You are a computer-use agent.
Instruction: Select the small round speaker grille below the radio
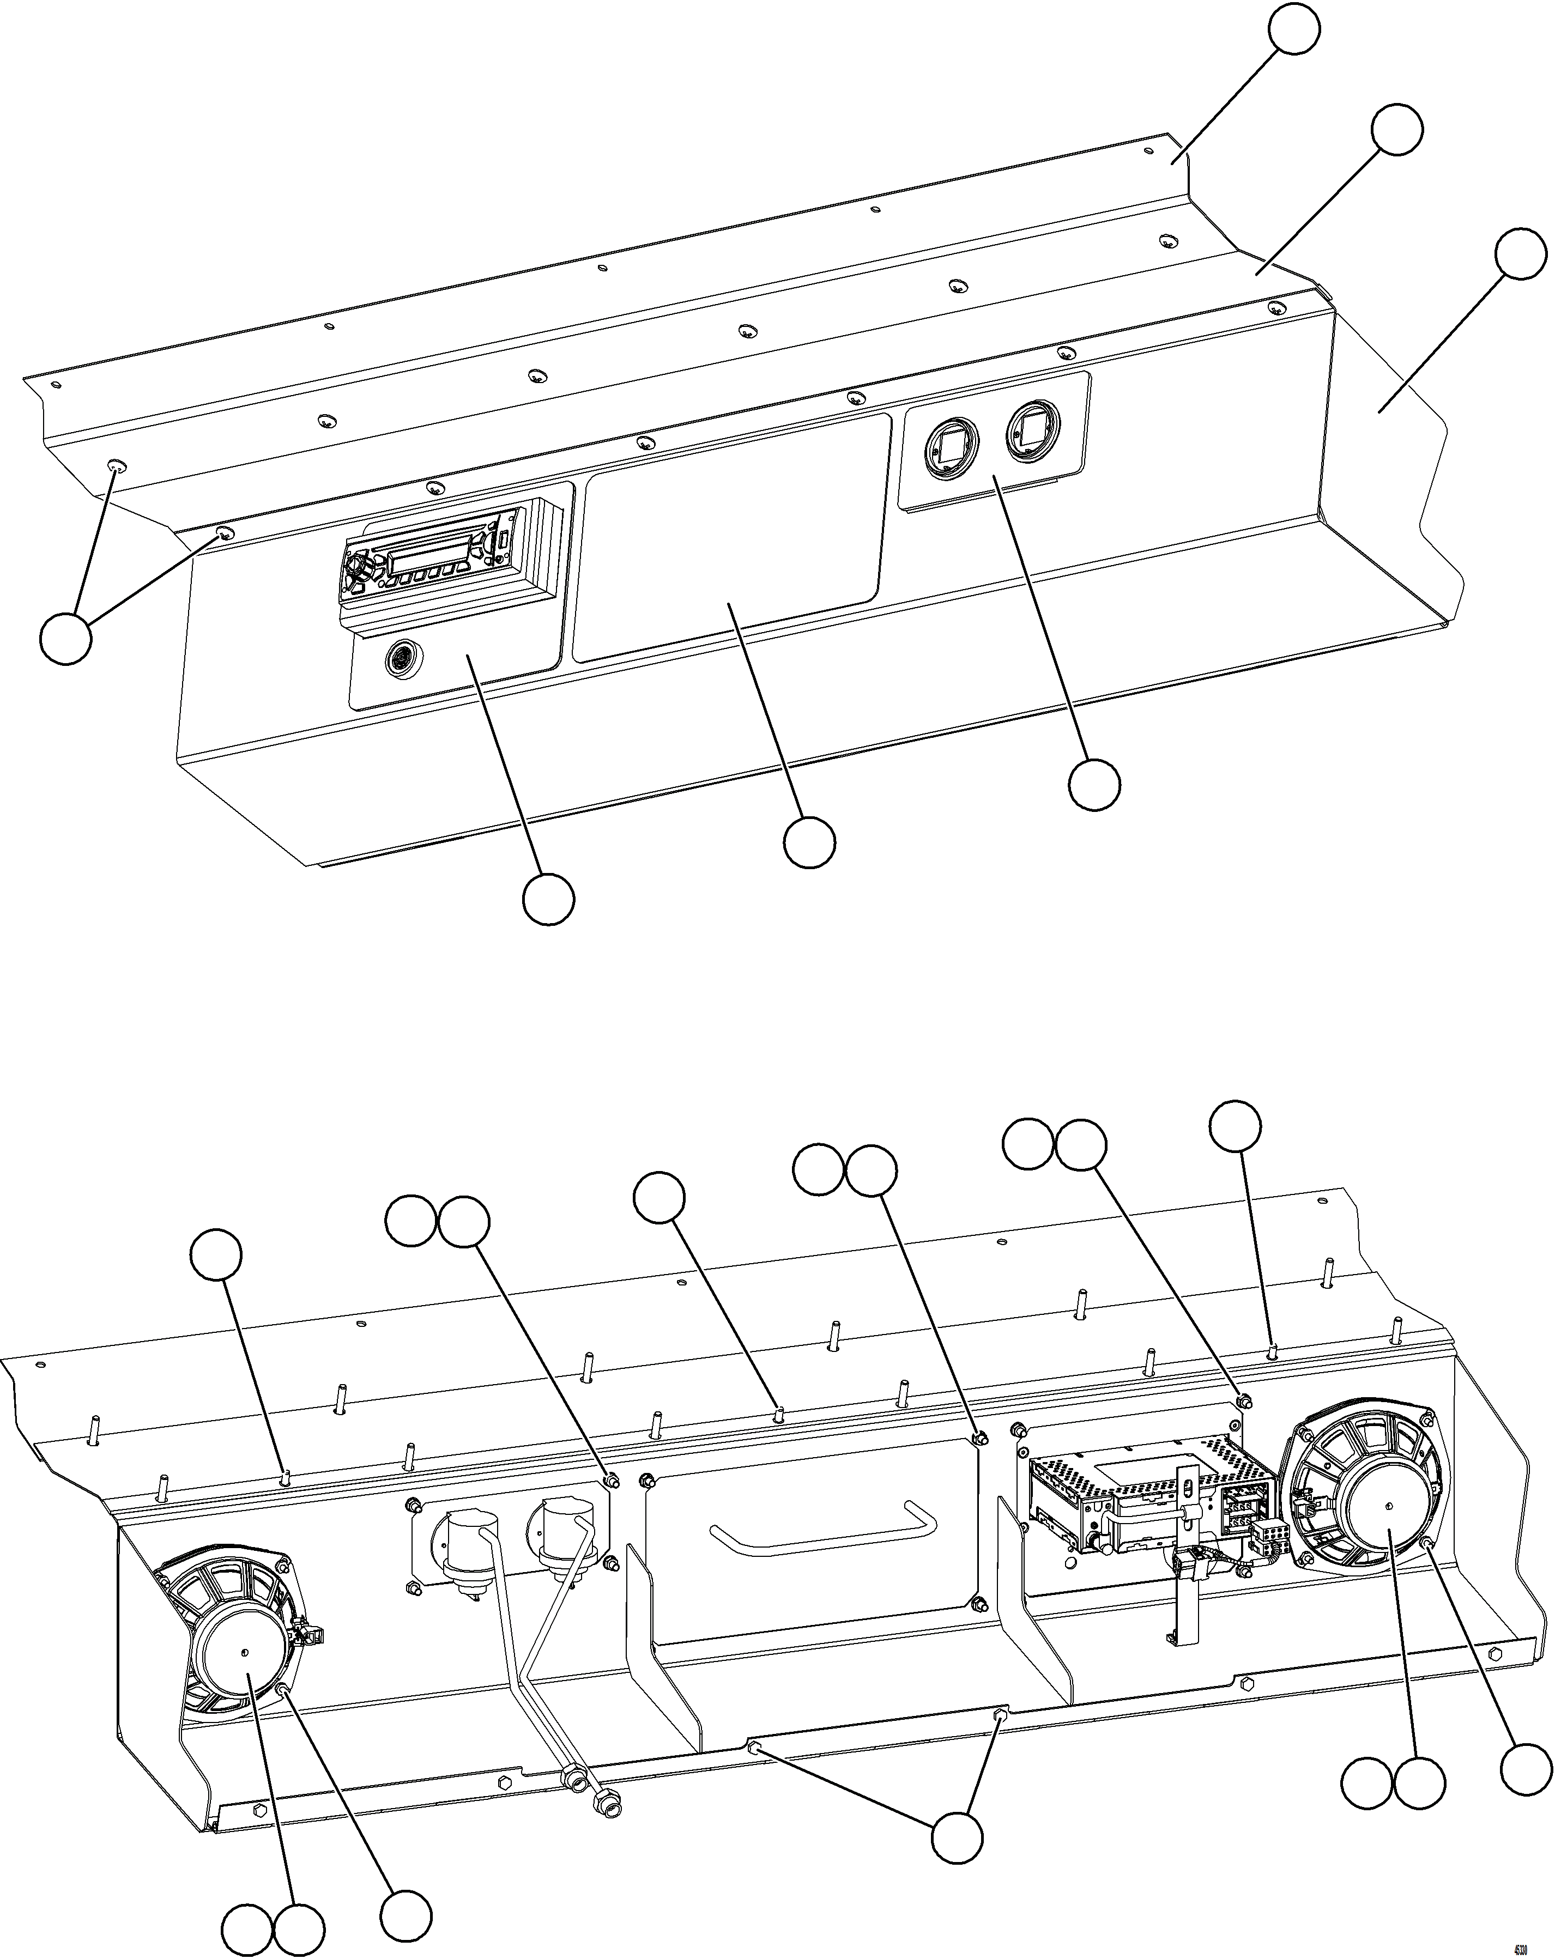[x=400, y=657]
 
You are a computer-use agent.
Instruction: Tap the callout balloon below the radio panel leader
[x=548, y=900]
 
